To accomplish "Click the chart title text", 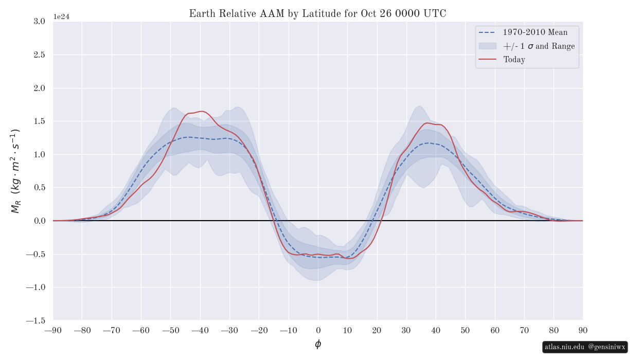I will tap(317, 14).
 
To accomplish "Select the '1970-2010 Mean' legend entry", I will tap(535, 32).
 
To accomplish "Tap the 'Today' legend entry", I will tap(514, 60).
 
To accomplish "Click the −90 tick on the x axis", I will tap(53, 330).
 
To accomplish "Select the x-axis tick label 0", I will tap(318, 330).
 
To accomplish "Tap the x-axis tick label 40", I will tap(436, 330).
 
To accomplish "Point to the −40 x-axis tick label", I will tap(200, 330).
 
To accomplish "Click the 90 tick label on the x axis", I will tap(583, 330).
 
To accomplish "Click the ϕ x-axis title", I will tap(318, 344).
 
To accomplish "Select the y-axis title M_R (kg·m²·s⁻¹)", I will tap(15, 171).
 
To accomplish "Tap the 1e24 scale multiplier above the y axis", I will tap(61, 16).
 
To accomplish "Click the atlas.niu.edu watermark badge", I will tap(585, 347).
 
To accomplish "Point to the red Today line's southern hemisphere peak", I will tap(201, 111).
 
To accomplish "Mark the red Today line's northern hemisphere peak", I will tap(427, 123).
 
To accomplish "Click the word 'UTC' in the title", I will tap(435, 14).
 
